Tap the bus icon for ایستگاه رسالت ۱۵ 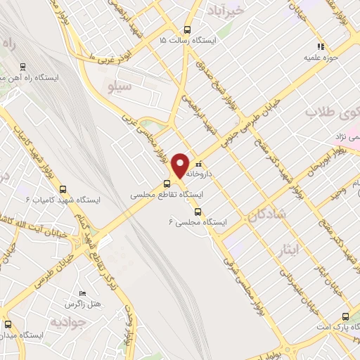[x=186, y=30]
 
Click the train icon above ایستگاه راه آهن [x=23, y=67]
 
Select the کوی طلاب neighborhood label [x=330, y=112]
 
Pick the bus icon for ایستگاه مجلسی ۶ [x=197, y=210]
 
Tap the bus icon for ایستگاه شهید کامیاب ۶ [x=63, y=188]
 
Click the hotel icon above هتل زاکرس [x=83, y=293]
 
